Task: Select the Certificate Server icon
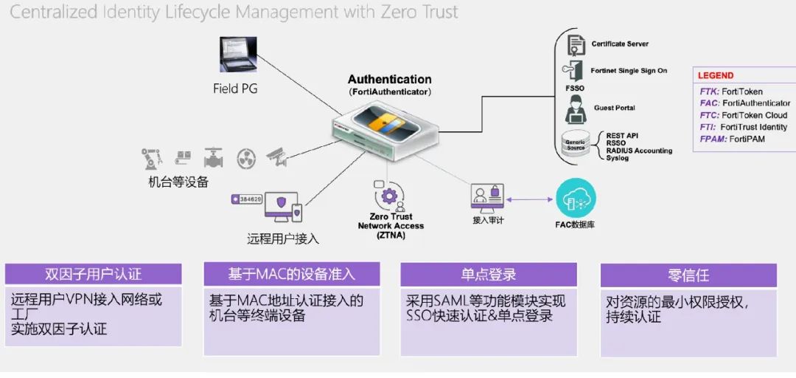click(x=575, y=44)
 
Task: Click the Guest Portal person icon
click(x=575, y=109)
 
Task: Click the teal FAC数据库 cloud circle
click(x=575, y=198)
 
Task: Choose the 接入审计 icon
click(x=486, y=198)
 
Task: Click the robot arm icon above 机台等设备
click(x=152, y=158)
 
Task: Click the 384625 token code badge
click(x=247, y=199)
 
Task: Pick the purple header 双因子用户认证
click(x=93, y=275)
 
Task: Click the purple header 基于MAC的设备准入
click(x=291, y=274)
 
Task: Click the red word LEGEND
click(x=716, y=75)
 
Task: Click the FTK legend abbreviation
click(x=709, y=92)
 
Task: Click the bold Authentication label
click(x=389, y=80)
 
